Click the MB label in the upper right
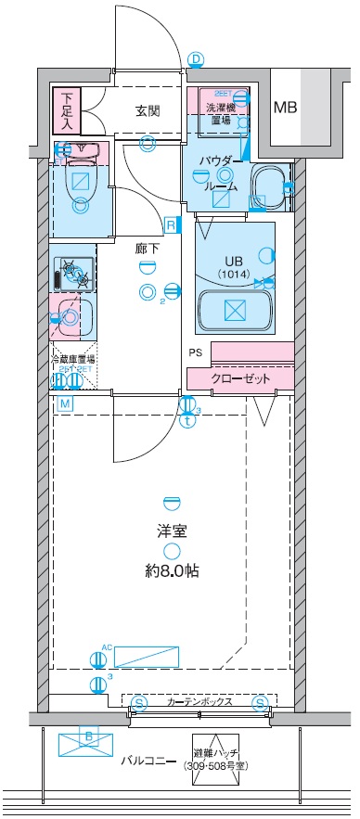click(285, 108)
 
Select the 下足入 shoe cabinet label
click(67, 109)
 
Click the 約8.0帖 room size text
click(172, 570)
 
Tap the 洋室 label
click(170, 533)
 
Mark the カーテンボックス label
click(199, 702)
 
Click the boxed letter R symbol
click(172, 224)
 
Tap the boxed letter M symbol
click(65, 403)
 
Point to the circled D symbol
click(196, 59)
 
